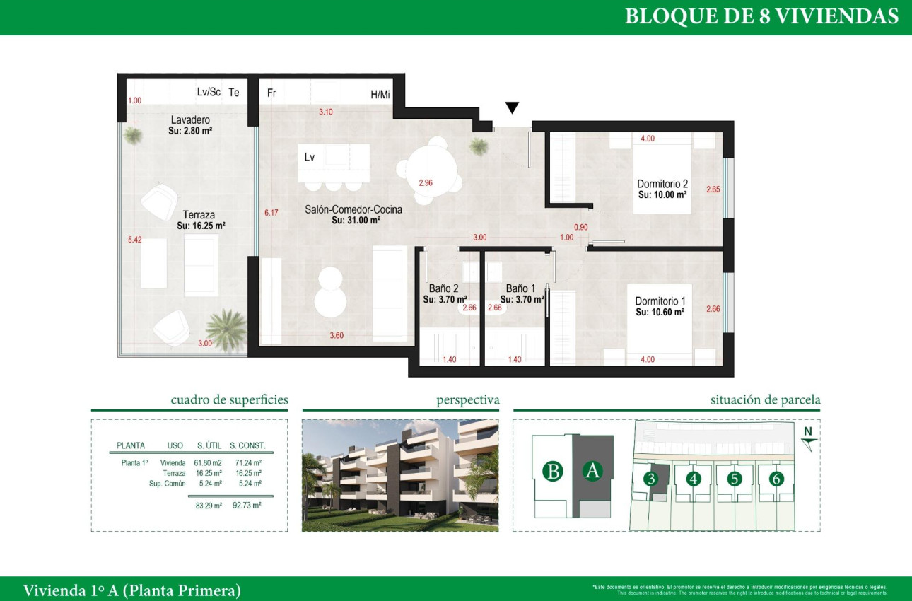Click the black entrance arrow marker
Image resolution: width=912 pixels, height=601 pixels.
coord(513,107)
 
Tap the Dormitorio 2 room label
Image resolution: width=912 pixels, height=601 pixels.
coord(662,184)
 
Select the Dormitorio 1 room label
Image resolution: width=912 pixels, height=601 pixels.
coord(660,301)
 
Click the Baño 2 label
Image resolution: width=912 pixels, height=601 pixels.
coord(443,288)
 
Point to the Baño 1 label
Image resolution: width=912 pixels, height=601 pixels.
coord(520,288)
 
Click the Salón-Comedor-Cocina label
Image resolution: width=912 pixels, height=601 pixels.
coord(353,209)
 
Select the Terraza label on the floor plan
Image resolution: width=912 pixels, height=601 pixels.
coord(199,215)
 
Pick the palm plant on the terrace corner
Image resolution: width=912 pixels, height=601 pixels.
coord(226,329)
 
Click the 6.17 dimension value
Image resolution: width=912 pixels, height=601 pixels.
coord(270,212)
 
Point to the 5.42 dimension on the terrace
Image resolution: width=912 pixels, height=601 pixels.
coord(134,240)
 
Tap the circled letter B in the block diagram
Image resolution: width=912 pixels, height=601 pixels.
coord(553,471)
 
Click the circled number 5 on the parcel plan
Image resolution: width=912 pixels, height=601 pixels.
coord(735,479)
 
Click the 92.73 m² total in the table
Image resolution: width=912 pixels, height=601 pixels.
coord(247,506)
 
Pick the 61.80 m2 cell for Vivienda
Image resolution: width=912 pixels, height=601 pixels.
coord(209,462)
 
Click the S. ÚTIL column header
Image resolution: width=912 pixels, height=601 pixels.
coord(210,445)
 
